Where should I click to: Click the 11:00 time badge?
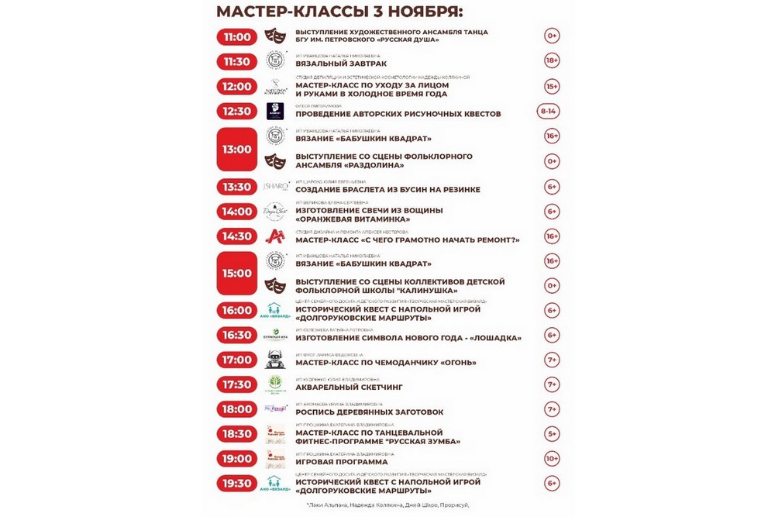237,36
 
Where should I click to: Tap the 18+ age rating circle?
552,61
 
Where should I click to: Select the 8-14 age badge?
549,111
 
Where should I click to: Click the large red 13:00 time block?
237,148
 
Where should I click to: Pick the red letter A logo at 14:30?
274,236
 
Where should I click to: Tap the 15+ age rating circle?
552,86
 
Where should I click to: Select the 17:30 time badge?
237,384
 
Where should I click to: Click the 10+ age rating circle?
552,459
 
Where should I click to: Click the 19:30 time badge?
237,484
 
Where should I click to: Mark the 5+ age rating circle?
552,434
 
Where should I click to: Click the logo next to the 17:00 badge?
274,360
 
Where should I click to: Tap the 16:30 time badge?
237,335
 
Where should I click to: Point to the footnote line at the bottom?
387,505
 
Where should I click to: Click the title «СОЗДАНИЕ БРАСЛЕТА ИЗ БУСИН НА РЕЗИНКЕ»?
387,190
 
